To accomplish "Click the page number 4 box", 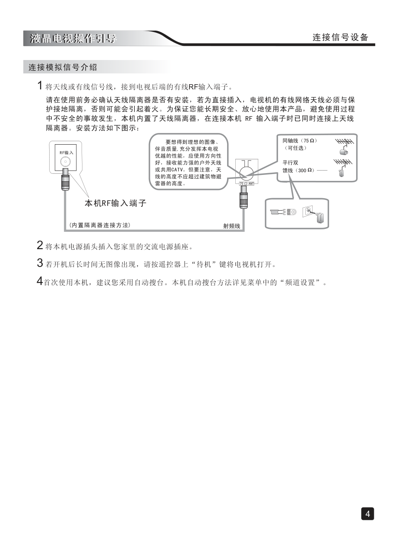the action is [367, 513].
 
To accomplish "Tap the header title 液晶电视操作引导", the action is [73, 38].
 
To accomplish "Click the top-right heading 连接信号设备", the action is [341, 38].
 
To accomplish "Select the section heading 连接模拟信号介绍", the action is [63, 67].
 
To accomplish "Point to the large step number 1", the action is [40, 85].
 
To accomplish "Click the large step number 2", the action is [40, 245].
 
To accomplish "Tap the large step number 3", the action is [40, 263].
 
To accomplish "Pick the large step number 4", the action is [40, 281].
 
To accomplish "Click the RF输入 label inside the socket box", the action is [66, 153].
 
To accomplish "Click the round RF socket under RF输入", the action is [66, 162].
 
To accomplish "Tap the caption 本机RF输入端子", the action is [115, 203].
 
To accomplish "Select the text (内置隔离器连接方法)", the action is [99, 225].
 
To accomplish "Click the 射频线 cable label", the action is [231, 226].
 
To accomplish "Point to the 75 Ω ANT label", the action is [247, 184].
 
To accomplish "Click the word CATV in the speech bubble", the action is [176, 170].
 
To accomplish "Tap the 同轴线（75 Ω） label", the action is [300, 141].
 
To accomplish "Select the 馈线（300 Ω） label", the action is [298, 170].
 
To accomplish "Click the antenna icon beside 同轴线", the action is [344, 147].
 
